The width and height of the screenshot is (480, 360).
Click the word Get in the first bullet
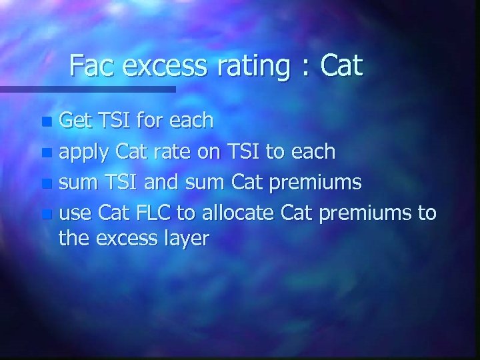(x=75, y=121)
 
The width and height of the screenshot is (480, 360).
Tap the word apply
(x=82, y=153)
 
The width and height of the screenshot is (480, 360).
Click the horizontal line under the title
(x=87, y=88)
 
